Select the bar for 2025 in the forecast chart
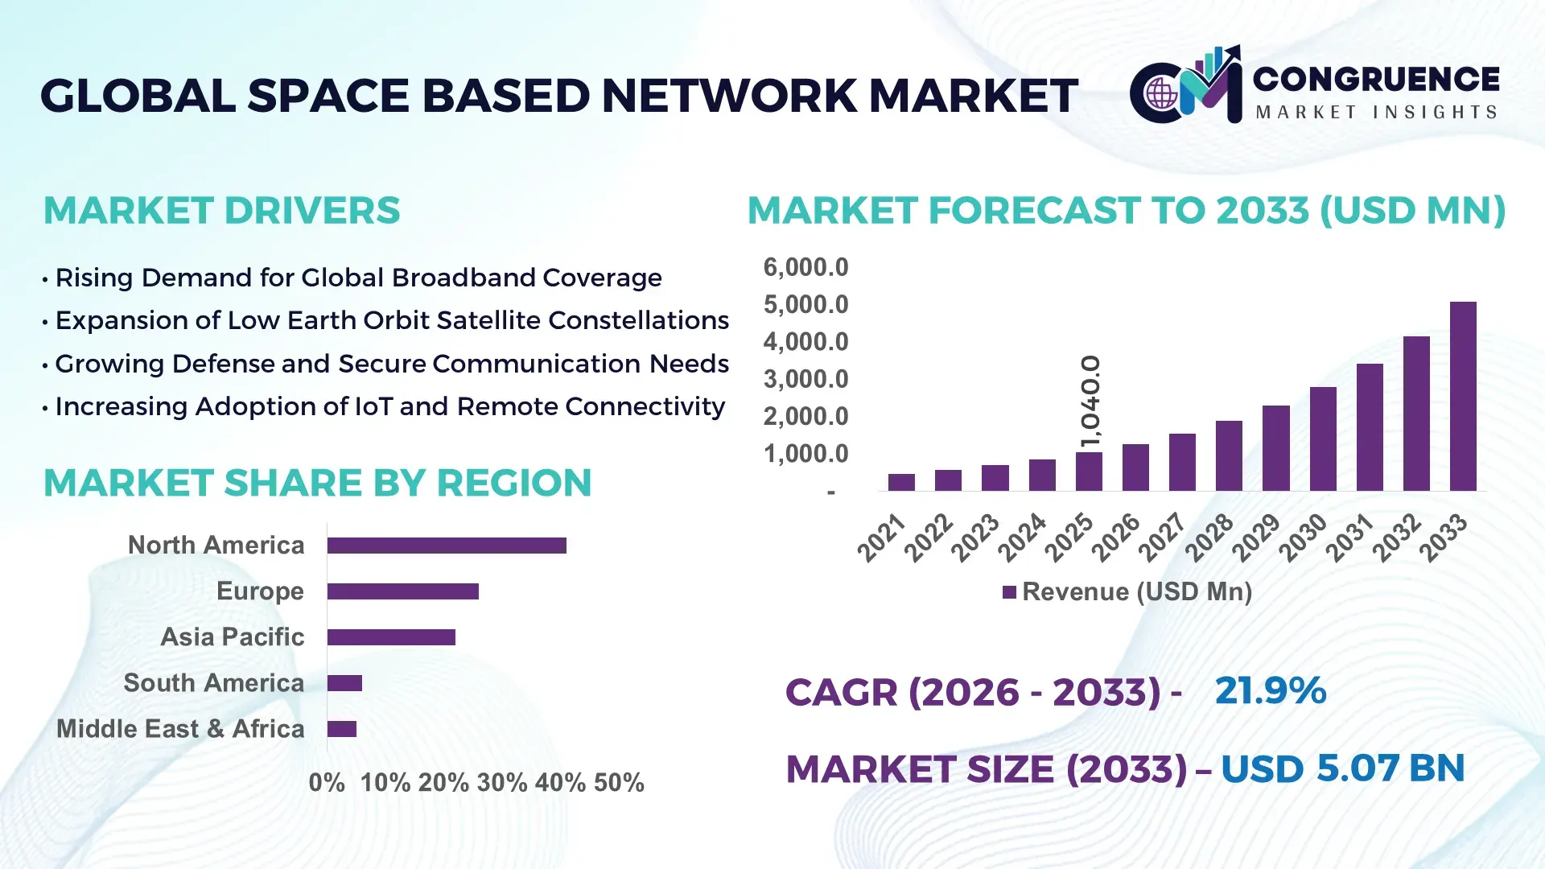click(1089, 472)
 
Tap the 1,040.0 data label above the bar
click(1090, 401)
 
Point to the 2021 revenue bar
click(901, 482)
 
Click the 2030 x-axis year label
click(1304, 537)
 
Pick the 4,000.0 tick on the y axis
click(805, 342)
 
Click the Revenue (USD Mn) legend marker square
click(1009, 593)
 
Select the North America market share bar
click(447, 546)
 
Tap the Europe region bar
click(402, 591)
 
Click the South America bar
click(344, 683)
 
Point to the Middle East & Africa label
click(180, 729)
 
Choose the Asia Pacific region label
click(232, 637)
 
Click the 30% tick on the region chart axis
click(501, 783)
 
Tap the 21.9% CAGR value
click(1270, 690)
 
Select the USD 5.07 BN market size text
click(1342, 768)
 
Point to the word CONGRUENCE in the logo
click(1376, 79)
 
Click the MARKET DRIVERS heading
click(221, 211)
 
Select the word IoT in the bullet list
click(373, 406)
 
